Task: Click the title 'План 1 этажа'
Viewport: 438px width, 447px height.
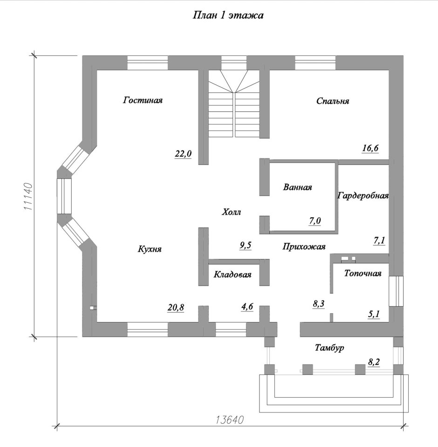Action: [228, 16]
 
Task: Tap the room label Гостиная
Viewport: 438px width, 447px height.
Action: [143, 100]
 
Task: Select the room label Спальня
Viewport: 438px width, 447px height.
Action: [333, 101]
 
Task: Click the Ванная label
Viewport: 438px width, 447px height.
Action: [297, 187]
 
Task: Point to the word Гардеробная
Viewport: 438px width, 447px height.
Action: [363, 196]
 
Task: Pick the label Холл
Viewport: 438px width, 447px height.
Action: [232, 212]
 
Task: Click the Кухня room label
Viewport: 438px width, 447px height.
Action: [150, 249]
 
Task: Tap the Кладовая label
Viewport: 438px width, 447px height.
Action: [233, 275]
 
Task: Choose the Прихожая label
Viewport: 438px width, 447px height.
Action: [304, 247]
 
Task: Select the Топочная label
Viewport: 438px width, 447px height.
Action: [363, 274]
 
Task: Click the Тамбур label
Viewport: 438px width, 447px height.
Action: [329, 348]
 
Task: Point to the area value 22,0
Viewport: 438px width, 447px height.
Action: [184, 154]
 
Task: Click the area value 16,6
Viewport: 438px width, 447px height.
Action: [370, 149]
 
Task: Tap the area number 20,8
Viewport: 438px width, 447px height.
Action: [176, 307]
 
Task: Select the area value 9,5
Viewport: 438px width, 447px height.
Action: [246, 245]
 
